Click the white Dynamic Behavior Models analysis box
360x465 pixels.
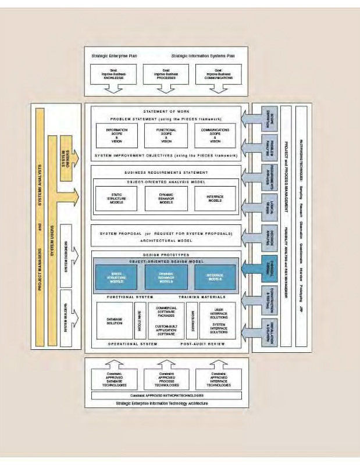click(166, 199)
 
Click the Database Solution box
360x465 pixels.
click(115, 321)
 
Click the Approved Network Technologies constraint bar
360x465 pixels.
click(166, 396)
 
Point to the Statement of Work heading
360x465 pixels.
click(166, 111)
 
